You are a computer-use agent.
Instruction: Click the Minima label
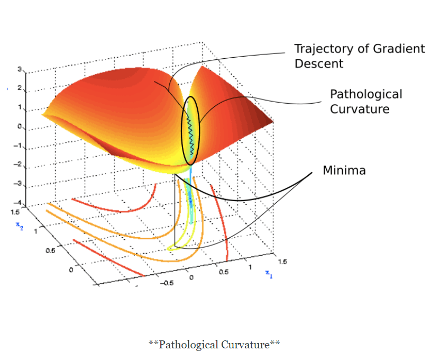(x=344, y=170)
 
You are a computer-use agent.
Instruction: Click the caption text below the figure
(x=214, y=345)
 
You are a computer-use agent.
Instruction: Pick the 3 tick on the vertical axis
(x=19, y=69)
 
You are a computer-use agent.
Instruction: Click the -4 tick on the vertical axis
(x=17, y=203)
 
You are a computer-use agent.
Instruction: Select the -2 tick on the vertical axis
(x=17, y=165)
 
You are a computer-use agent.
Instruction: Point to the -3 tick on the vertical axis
(x=17, y=184)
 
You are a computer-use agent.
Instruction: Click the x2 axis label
(x=18, y=226)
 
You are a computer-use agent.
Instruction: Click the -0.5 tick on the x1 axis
(x=167, y=283)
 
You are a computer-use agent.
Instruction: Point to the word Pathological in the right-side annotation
(x=366, y=94)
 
